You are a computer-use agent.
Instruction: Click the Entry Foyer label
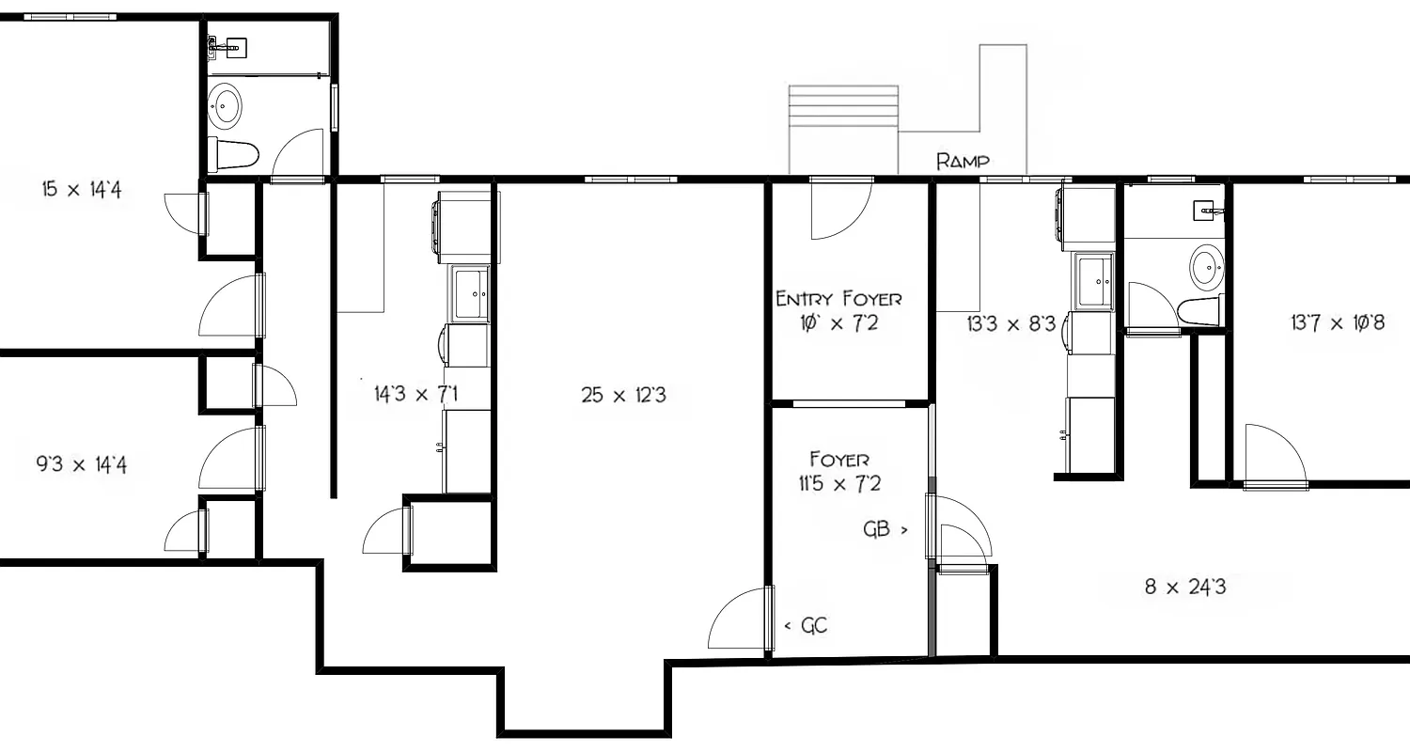click(x=838, y=300)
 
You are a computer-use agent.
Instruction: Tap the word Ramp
click(x=963, y=162)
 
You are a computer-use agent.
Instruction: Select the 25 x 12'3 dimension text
click(x=623, y=396)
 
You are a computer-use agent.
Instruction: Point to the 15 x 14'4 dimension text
click(x=82, y=190)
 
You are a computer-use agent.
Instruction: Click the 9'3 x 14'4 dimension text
click(x=81, y=464)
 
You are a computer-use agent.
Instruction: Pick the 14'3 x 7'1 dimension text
click(x=415, y=394)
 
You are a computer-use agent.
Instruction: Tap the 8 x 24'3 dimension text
click(x=1184, y=588)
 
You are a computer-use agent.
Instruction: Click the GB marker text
click(x=877, y=529)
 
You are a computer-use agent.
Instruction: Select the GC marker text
click(x=814, y=625)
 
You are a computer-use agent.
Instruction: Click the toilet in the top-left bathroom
click(x=233, y=154)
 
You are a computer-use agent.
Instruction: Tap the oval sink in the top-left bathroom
click(x=225, y=105)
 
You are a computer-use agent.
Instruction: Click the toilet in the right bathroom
click(x=1198, y=311)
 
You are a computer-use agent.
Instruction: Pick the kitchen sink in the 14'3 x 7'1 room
click(x=469, y=293)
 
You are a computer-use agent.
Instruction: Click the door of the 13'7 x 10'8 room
click(x=1274, y=456)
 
